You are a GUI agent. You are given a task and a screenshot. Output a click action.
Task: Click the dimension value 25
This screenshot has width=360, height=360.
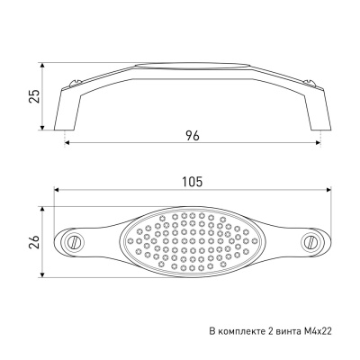coord(35,96)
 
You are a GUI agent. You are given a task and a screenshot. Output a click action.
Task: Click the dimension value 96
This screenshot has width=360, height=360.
coord(193,136)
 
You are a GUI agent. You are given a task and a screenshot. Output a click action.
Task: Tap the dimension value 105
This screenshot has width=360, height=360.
coord(193,182)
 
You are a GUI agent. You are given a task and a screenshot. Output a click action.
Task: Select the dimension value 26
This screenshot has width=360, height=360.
coord(35,242)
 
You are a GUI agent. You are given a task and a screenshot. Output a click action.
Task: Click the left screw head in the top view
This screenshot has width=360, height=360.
coord(72,241)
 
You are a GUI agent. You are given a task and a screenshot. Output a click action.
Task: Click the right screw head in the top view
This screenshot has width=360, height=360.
coord(310,241)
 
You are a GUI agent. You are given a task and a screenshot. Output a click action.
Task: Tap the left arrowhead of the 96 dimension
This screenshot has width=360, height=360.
coord(67,142)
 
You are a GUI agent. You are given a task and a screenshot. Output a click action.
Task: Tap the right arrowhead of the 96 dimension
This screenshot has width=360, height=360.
coord(318,142)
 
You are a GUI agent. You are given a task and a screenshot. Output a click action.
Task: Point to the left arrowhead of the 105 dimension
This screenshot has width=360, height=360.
coord(57,190)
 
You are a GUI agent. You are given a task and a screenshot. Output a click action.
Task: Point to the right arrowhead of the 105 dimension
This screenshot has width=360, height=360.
coord(328,190)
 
